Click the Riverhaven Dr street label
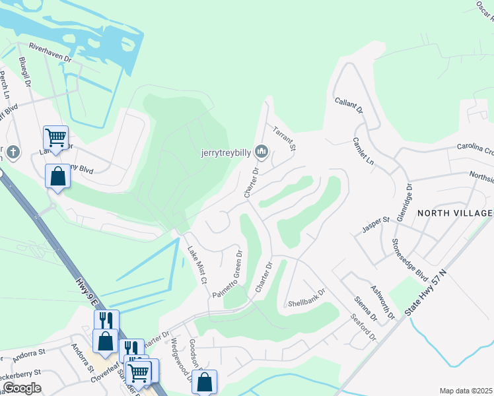[50, 52]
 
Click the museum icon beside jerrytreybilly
[262, 152]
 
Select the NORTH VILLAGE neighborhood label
[454, 213]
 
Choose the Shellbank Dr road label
[306, 299]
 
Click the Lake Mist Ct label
[197, 265]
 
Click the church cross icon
[13, 153]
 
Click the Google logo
[21, 388]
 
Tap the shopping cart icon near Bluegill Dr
[55, 137]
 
